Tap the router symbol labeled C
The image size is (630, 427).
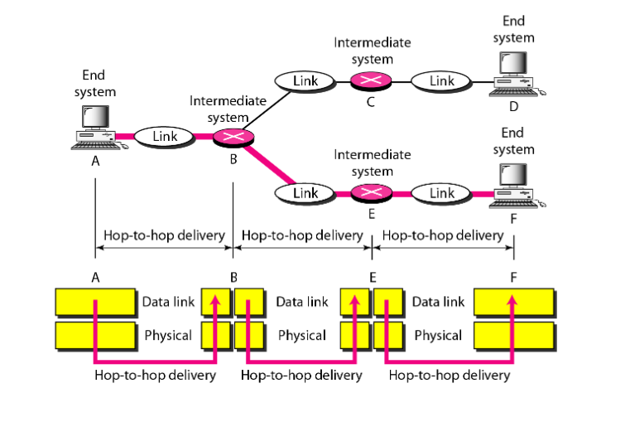(369, 81)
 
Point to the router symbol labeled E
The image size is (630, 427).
(369, 193)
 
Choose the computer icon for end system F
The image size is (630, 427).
(512, 183)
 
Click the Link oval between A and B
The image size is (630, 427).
(165, 136)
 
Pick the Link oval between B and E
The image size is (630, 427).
(305, 193)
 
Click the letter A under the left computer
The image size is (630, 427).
(96, 161)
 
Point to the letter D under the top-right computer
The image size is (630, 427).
(513, 106)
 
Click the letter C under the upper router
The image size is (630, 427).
(370, 102)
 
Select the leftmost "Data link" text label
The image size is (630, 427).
(168, 303)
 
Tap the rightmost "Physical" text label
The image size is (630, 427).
(437, 336)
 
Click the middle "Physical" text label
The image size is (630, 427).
(301, 336)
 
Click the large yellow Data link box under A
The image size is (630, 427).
(95, 303)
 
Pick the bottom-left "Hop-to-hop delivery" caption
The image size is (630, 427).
(155, 375)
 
